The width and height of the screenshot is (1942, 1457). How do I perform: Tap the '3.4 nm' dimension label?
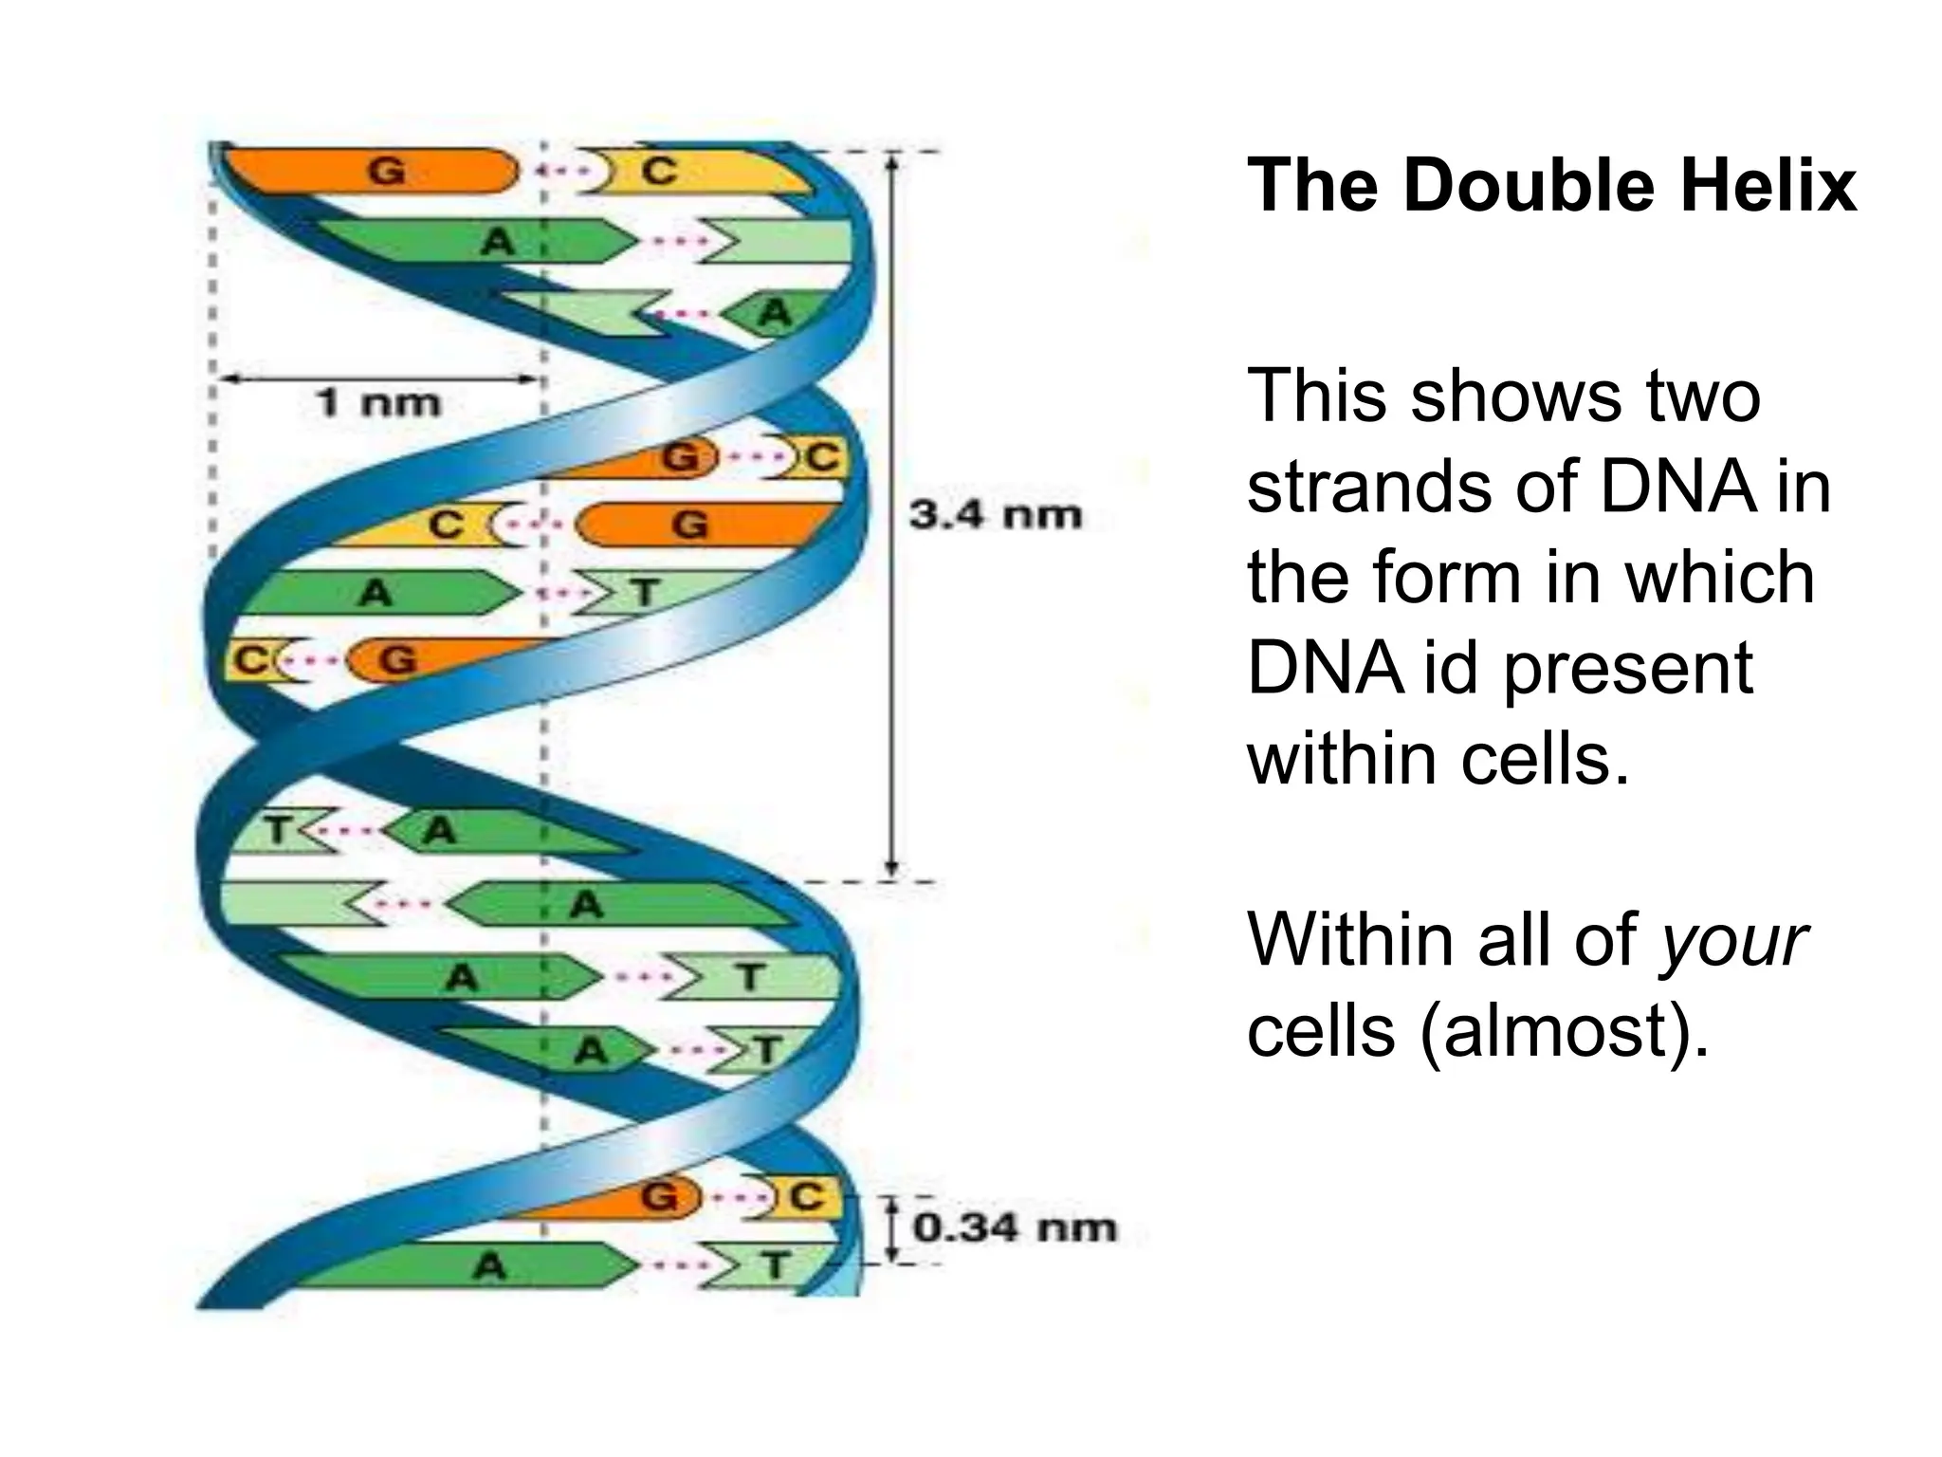click(x=995, y=515)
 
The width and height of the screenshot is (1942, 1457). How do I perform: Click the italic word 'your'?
click(x=1733, y=941)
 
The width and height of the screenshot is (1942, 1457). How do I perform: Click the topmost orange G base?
click(x=386, y=172)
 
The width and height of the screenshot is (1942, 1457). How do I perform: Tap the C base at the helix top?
click(x=659, y=172)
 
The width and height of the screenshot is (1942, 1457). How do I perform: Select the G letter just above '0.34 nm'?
click(x=659, y=1197)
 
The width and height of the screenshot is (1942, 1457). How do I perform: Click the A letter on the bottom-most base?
click(x=489, y=1265)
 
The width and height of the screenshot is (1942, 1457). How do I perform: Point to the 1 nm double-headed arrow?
click(x=379, y=379)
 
